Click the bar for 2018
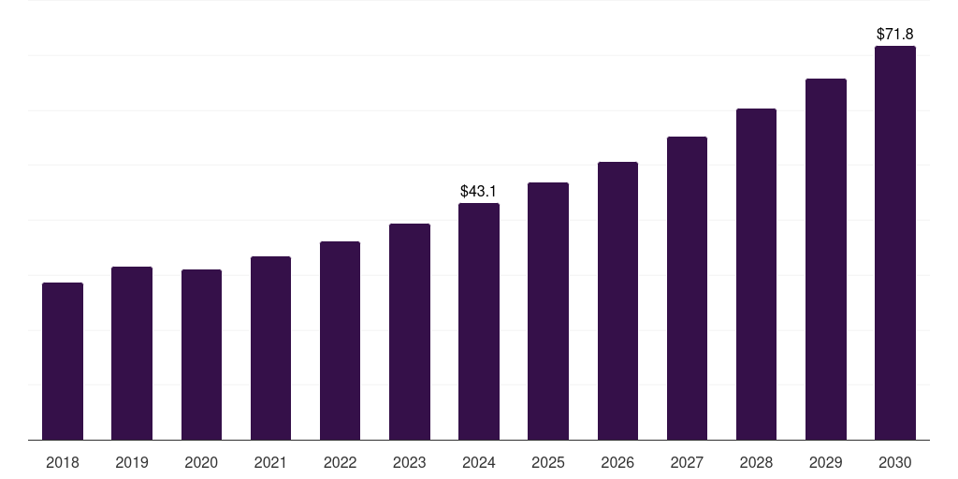click(63, 361)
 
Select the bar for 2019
click(132, 354)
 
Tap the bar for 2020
click(201, 355)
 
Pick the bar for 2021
click(270, 348)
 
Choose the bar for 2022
click(340, 341)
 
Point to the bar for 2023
click(410, 332)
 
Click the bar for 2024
click(479, 322)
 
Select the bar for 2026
click(617, 301)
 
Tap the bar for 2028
click(756, 274)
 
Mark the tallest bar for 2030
click(895, 243)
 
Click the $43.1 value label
click(478, 191)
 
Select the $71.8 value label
click(895, 34)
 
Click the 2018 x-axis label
click(63, 462)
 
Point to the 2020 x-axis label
click(201, 462)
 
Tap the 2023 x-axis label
click(410, 462)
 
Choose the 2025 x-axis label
click(548, 462)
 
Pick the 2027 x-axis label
click(687, 462)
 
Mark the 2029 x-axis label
click(826, 462)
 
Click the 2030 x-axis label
click(895, 462)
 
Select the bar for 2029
click(826, 259)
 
